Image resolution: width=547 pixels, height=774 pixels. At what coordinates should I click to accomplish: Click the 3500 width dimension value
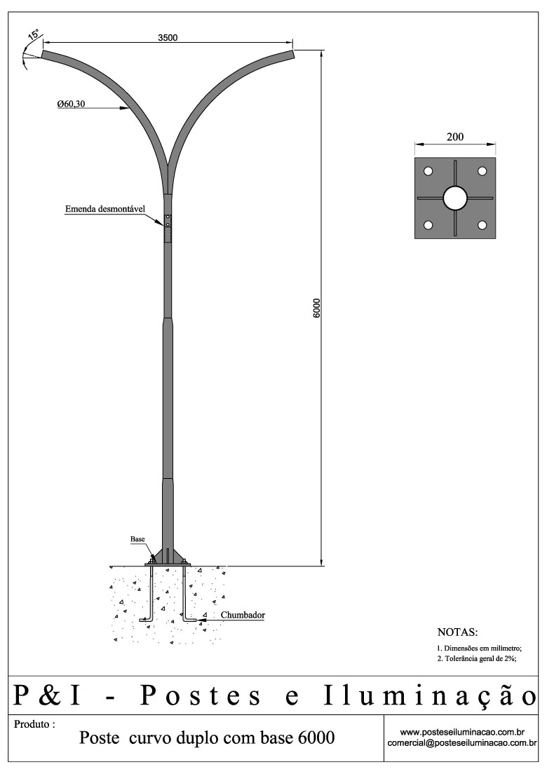click(168, 38)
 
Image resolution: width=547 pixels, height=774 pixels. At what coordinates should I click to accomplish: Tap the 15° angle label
click(34, 34)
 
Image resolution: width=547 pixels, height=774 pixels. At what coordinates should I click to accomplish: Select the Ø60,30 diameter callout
click(71, 104)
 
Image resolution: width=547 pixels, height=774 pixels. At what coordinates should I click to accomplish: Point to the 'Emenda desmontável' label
click(105, 209)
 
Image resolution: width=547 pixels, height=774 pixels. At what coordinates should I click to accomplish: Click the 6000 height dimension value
click(317, 308)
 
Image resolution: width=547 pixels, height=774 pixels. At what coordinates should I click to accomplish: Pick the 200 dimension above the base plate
click(455, 137)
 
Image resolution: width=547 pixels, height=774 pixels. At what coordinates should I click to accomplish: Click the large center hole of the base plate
click(455, 198)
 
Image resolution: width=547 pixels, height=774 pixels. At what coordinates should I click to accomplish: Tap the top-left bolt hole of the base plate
click(428, 171)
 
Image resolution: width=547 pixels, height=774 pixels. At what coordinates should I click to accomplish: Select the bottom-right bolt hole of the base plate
click(482, 225)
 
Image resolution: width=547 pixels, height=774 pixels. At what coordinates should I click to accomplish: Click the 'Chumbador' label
click(243, 615)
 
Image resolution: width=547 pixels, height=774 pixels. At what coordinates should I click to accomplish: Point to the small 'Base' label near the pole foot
click(137, 538)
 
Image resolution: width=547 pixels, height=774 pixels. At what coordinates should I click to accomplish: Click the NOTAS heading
click(457, 632)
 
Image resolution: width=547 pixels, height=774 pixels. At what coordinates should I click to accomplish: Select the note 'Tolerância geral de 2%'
click(480, 658)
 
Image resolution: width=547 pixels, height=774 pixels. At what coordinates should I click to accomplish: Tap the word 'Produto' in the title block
click(32, 724)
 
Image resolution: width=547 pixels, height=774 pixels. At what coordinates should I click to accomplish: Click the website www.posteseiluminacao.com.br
click(462, 732)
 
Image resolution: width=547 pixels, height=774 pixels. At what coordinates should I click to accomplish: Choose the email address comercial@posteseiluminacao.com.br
click(462, 742)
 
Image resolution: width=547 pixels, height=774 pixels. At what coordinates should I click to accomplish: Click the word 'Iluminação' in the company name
click(430, 696)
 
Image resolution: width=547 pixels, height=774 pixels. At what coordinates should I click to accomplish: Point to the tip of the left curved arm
click(43, 54)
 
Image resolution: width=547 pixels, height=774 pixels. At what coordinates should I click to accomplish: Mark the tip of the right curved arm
click(293, 54)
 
